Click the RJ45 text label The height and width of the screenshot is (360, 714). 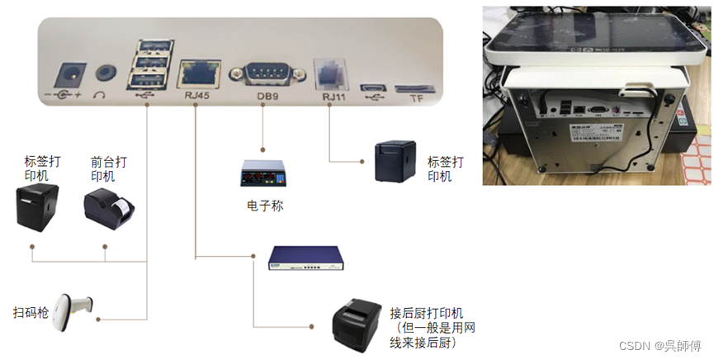click(197, 96)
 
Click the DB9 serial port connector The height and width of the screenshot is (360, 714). click(263, 73)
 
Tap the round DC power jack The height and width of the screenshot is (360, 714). click(68, 77)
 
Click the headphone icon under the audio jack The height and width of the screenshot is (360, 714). click(100, 94)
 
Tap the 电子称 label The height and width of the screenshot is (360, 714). click(265, 206)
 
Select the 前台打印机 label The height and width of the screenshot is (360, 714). click(102, 170)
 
